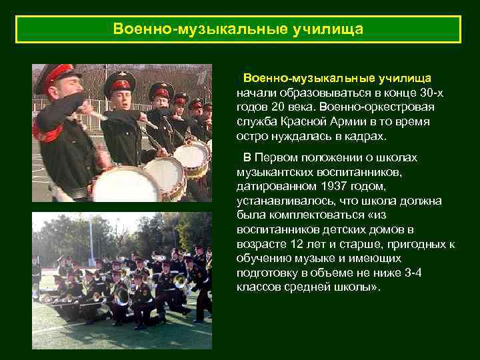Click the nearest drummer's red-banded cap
(x=55, y=75)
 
